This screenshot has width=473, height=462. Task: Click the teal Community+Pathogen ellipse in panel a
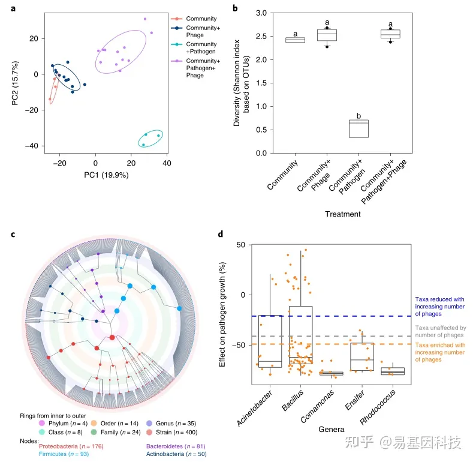click(x=150, y=139)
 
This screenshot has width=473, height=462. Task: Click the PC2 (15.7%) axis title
click(x=17, y=80)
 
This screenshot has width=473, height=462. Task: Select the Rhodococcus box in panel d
click(x=393, y=371)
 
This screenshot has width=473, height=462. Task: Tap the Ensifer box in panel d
click(x=362, y=356)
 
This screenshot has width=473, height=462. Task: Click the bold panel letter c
click(x=13, y=234)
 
